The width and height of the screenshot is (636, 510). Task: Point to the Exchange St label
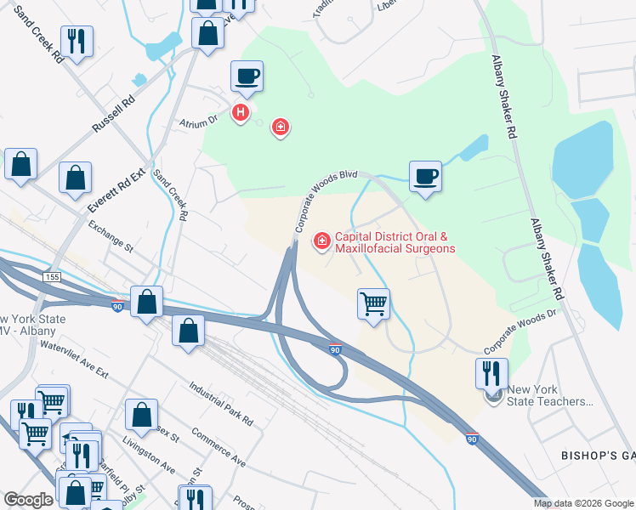[111, 237]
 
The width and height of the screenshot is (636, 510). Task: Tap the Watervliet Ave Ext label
[74, 360]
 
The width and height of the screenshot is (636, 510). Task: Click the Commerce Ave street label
[218, 447]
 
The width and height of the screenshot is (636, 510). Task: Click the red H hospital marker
[241, 111]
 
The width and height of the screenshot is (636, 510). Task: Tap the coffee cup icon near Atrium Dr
[247, 77]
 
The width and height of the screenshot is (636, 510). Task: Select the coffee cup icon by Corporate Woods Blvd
[425, 177]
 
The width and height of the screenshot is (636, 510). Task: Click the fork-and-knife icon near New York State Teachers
[491, 374]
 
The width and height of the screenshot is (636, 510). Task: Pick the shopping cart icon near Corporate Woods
[374, 303]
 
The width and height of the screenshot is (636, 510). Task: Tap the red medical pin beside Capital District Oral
[321, 242]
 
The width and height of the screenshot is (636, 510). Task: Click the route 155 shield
[53, 278]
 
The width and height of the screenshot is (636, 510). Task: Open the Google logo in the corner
[28, 500]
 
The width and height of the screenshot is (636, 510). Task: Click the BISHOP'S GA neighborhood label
[598, 456]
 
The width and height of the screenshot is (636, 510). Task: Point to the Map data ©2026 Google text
[583, 503]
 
